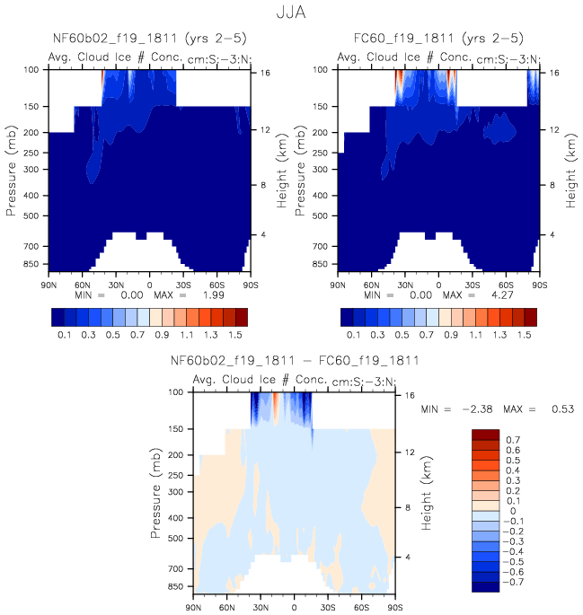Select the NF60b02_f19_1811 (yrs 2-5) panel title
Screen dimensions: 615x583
150,39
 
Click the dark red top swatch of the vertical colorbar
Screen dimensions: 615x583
485,435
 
